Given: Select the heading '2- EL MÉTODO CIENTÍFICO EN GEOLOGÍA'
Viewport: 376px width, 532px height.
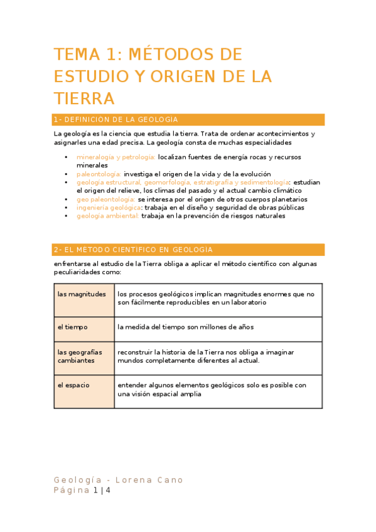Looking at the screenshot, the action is [x=134, y=250].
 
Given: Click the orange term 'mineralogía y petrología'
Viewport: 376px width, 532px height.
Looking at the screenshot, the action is [x=116, y=157].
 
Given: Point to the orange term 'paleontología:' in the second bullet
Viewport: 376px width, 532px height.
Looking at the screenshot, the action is [x=99, y=174].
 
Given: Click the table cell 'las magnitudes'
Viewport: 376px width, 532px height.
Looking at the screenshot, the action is [x=82, y=294].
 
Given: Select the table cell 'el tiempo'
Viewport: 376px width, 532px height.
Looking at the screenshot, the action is [x=73, y=327].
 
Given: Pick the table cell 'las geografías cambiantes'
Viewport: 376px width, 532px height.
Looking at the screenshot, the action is [x=80, y=356].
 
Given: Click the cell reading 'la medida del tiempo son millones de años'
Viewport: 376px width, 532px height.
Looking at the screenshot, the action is [x=185, y=327].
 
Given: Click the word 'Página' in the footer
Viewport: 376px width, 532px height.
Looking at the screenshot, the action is [x=72, y=491].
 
